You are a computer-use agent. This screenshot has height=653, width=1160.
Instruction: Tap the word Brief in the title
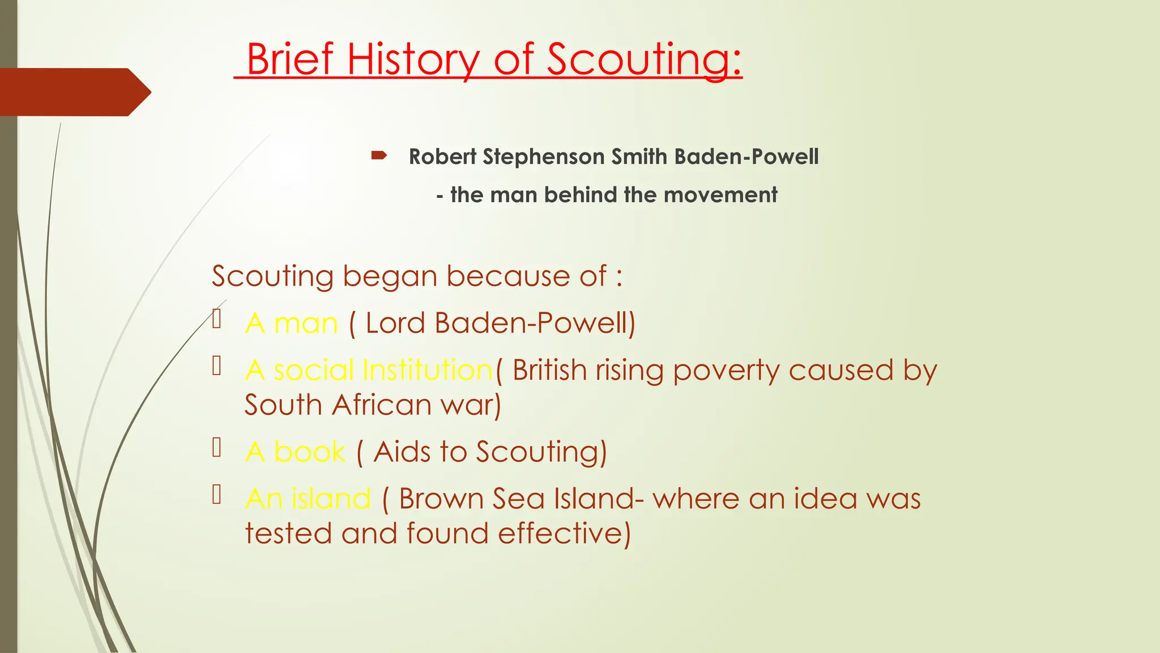coord(289,60)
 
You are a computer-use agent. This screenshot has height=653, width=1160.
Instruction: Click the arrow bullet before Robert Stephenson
coord(379,155)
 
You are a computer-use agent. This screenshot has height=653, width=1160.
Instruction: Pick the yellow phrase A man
coord(291,323)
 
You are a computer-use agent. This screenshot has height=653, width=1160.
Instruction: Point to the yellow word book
coord(309,452)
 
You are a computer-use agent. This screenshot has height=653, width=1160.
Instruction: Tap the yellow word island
coord(331,499)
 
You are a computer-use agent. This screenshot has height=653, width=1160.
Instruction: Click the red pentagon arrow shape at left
coord(74,92)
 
